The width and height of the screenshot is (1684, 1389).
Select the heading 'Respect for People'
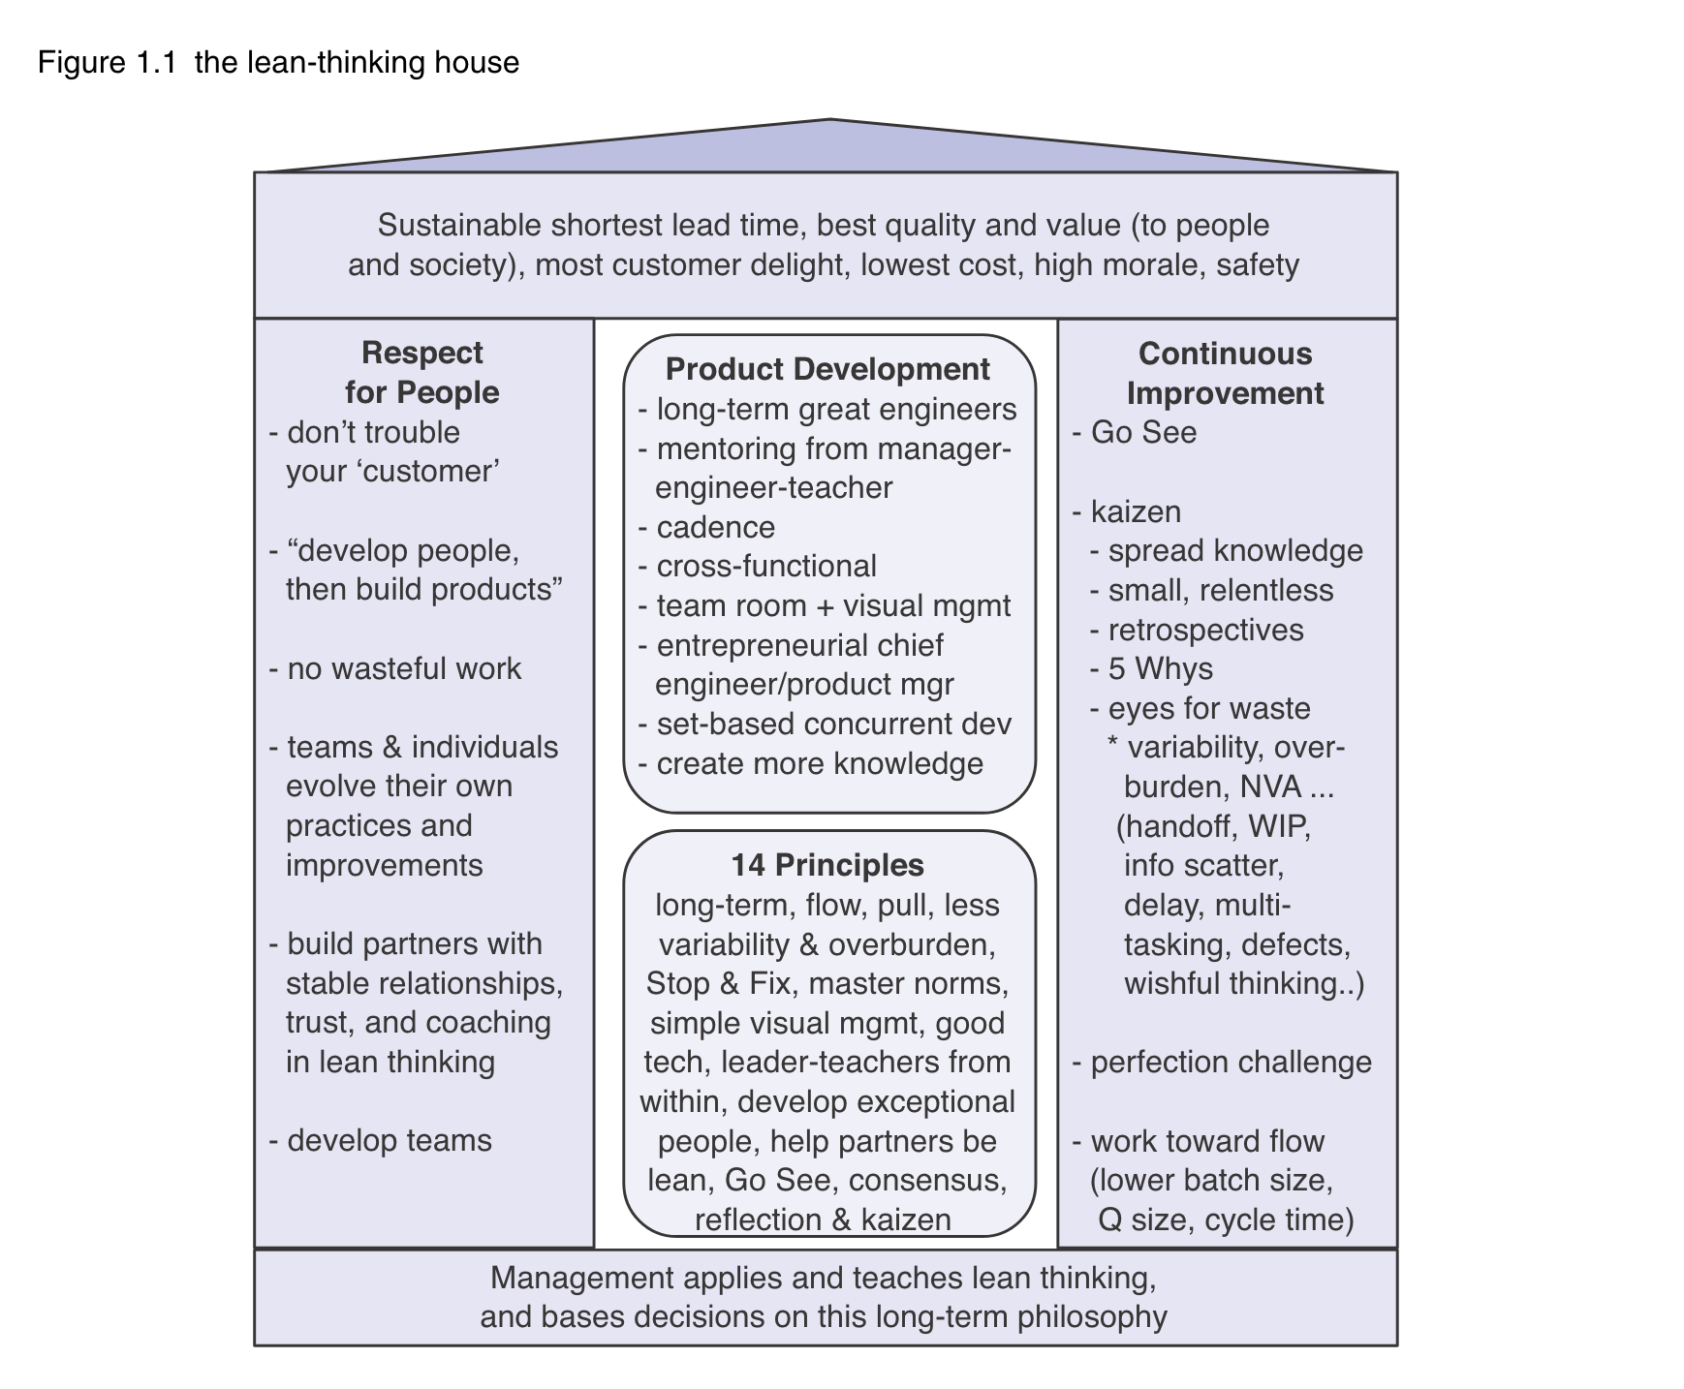tap(421, 372)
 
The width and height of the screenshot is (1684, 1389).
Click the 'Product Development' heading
tap(827, 369)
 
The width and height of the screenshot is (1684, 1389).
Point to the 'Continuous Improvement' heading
tap(1225, 373)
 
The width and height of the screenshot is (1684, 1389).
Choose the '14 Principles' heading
tap(827, 865)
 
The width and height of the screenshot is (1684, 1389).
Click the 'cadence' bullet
tap(715, 528)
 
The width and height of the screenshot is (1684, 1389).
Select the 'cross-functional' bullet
tap(765, 567)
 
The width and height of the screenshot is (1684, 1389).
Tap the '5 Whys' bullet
tap(1160, 669)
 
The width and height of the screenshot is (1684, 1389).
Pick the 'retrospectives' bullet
tap(1205, 631)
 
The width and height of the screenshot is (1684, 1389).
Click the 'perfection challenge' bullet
tap(1231, 1063)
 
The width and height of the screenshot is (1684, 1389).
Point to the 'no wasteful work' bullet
tap(404, 669)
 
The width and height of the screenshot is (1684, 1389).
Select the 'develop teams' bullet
tap(389, 1141)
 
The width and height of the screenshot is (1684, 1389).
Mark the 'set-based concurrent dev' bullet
tap(833, 725)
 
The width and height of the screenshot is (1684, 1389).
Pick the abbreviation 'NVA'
tap(1270, 787)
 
